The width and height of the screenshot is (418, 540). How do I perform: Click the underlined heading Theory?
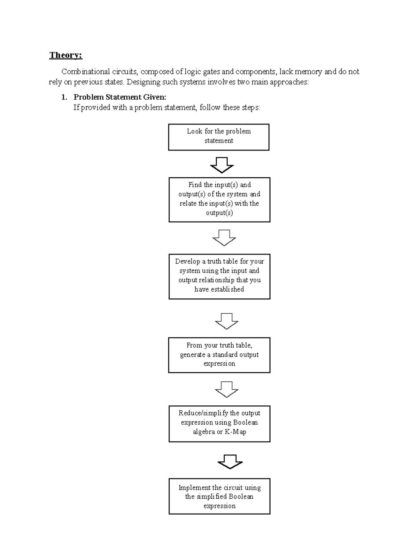click(x=66, y=55)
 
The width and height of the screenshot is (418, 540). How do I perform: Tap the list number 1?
click(x=64, y=97)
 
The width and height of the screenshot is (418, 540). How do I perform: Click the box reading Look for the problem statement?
click(x=219, y=137)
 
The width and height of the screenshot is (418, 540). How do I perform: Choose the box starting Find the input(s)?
click(x=219, y=200)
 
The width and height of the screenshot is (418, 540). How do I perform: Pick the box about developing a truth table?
click(x=219, y=276)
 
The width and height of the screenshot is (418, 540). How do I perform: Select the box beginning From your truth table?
click(x=219, y=355)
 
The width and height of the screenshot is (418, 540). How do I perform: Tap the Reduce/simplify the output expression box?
click(x=219, y=424)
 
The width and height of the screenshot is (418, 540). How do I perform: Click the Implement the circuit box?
click(x=219, y=496)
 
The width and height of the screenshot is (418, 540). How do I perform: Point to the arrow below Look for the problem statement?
click(x=222, y=165)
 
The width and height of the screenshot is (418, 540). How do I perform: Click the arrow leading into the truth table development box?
click(x=224, y=237)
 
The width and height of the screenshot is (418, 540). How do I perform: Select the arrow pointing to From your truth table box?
click(x=227, y=321)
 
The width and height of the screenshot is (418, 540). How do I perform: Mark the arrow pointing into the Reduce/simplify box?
click(x=227, y=389)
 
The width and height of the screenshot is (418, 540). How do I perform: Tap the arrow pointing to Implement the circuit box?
click(x=230, y=462)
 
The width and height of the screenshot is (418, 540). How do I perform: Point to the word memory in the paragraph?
click(x=308, y=72)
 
